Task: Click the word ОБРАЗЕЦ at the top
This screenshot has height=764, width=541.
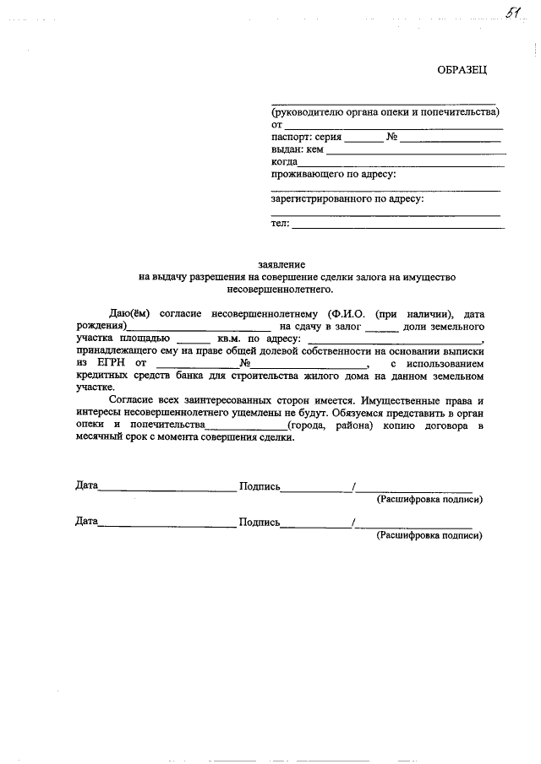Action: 462,70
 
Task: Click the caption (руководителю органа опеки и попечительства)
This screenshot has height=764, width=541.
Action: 385,111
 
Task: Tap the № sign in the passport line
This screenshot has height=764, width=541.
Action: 391,136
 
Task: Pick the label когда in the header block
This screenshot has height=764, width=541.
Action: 284,161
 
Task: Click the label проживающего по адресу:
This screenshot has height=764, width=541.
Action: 333,174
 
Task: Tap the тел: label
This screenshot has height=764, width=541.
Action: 280,224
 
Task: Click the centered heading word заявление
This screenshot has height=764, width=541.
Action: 281,265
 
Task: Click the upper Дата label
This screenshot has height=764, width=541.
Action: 86,486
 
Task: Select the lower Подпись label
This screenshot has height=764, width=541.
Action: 260,522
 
